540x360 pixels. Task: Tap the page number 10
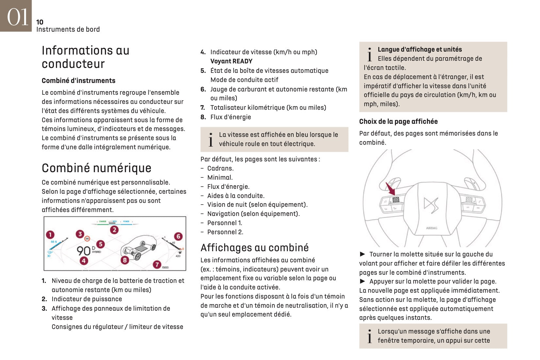(40, 22)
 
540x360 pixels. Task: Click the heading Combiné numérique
(96, 168)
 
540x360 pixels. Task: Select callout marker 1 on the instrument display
(50, 235)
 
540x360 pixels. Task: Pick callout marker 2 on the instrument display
(114, 230)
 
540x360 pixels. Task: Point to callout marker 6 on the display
(178, 236)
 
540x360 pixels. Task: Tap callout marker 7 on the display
(157, 264)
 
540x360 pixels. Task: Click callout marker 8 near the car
(125, 260)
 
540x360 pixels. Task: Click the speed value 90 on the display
(84, 251)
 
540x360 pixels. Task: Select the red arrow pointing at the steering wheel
(390, 189)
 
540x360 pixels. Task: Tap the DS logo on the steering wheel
(431, 205)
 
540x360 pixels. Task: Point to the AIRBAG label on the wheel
(432, 228)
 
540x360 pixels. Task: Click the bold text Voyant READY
(231, 61)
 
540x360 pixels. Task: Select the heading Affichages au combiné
(254, 248)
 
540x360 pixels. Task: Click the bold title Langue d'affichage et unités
(419, 49)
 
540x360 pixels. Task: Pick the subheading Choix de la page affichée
(398, 122)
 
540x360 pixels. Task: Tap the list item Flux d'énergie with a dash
(228, 187)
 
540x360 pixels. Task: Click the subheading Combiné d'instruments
(78, 81)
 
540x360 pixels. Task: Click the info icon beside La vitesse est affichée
(211, 139)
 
